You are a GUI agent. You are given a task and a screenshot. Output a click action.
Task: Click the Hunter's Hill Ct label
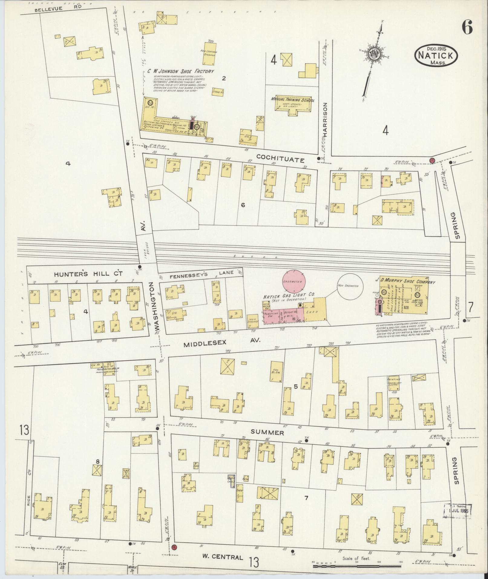[88, 274]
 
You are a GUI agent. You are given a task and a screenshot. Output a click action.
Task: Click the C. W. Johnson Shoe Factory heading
[181, 71]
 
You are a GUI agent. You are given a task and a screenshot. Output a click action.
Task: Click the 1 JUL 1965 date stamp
[457, 512]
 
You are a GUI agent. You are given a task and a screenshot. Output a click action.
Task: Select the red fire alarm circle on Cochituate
[432, 160]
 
